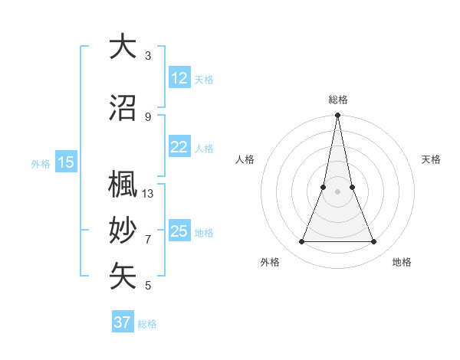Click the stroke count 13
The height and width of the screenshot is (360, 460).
click(148, 194)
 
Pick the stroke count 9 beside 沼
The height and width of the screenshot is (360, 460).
click(148, 116)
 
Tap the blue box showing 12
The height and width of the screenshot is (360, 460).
click(179, 78)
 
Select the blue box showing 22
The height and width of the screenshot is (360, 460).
click(179, 147)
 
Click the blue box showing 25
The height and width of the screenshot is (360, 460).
click(179, 231)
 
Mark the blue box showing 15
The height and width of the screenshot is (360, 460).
click(66, 162)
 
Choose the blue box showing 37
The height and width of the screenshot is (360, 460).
click(123, 322)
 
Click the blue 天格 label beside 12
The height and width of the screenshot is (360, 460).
click(204, 80)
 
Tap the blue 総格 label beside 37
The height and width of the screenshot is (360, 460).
click(147, 324)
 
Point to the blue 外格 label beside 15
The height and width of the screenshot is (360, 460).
click(41, 164)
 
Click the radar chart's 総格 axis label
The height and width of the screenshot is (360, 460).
click(338, 100)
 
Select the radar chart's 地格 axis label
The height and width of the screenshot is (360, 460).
click(402, 262)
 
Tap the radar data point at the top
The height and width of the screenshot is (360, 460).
click(337, 116)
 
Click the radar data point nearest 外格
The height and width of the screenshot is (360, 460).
click(301, 242)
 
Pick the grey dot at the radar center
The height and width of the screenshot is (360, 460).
click(337, 192)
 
